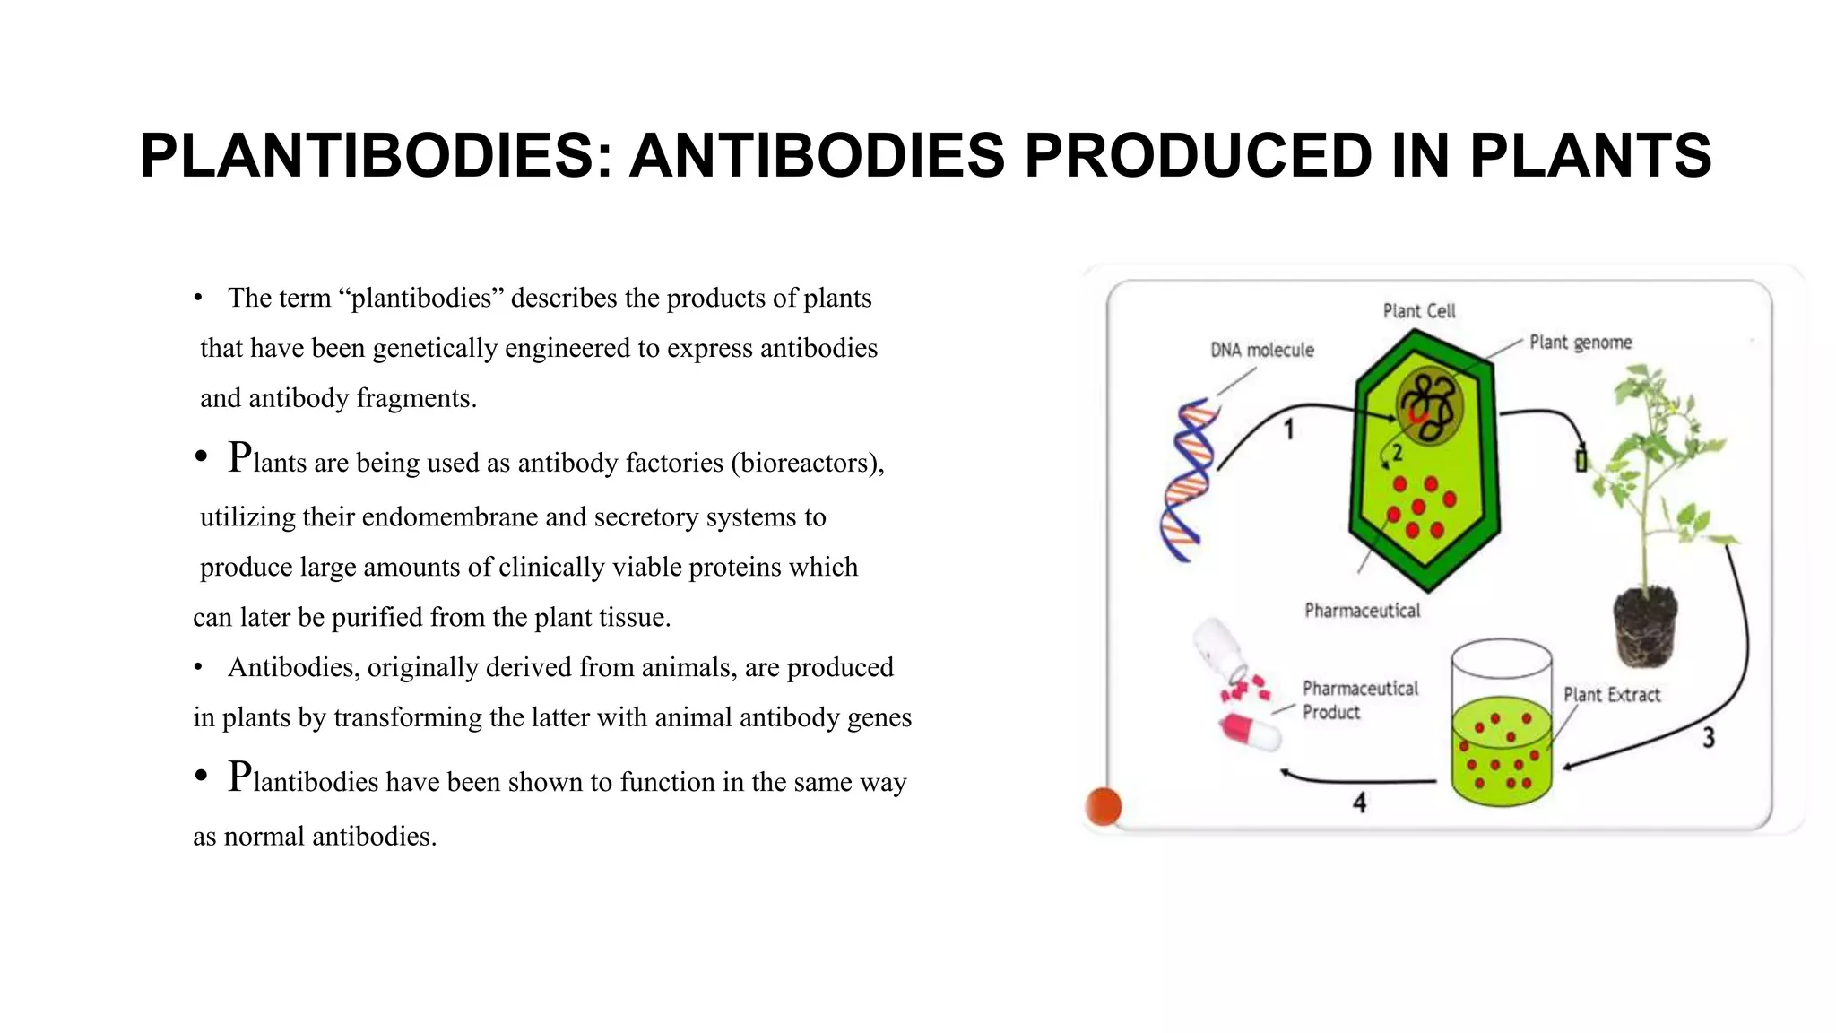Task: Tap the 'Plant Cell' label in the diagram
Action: pyautogui.click(x=1418, y=311)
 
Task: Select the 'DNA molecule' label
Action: pyautogui.click(x=1261, y=350)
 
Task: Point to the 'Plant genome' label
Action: pyautogui.click(x=1580, y=343)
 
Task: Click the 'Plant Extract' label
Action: pyautogui.click(x=1611, y=695)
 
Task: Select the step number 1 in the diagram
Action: pyautogui.click(x=1288, y=430)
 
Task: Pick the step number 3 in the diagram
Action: pyautogui.click(x=1709, y=737)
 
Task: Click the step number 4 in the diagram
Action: pyautogui.click(x=1359, y=803)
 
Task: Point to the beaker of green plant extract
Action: pyautogui.click(x=1501, y=726)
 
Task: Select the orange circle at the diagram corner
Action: pyautogui.click(x=1103, y=806)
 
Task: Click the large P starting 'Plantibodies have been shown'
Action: pyautogui.click(x=239, y=777)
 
